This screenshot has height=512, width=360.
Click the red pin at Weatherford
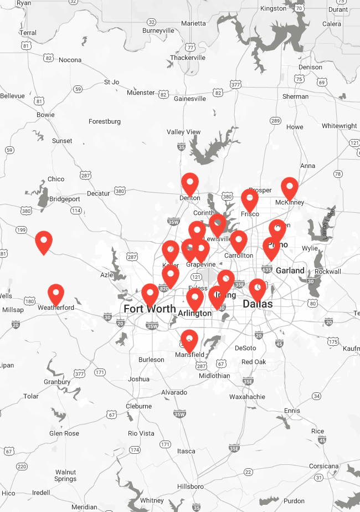point(56,294)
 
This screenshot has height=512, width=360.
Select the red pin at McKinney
point(290,187)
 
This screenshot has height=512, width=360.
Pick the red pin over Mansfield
point(189,339)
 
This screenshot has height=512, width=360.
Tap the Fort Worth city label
point(150,309)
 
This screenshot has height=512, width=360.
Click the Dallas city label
point(258,304)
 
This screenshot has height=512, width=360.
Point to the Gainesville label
point(190,99)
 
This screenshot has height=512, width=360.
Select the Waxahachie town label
point(247,397)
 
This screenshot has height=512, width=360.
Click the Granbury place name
point(57,382)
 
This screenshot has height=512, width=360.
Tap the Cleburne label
point(138,406)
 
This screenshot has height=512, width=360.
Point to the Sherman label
point(295,96)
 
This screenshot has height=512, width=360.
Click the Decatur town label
point(99,193)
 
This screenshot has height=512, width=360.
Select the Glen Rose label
point(64,433)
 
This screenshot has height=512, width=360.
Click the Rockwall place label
point(328,272)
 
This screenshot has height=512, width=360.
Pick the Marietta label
point(193,23)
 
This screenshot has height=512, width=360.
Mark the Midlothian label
point(214,376)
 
